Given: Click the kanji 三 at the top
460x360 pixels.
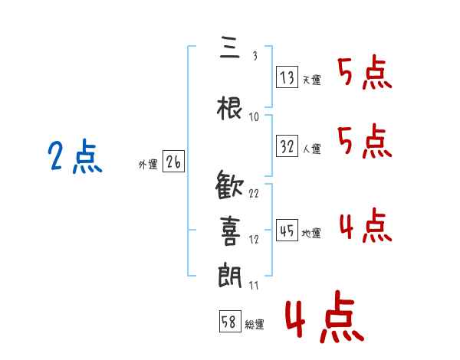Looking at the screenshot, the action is pyautogui.click(x=230, y=47).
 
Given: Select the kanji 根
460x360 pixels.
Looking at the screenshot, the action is pyautogui.click(x=230, y=108).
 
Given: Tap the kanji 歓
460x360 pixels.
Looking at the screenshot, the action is pyautogui.click(x=229, y=185).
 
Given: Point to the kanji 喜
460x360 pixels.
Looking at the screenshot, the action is pyautogui.click(x=230, y=231).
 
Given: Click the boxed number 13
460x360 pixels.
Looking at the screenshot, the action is pyautogui.click(x=287, y=77).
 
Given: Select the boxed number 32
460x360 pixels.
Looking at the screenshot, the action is pyautogui.click(x=287, y=146).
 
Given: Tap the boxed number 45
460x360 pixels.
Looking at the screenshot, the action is pyautogui.click(x=287, y=230).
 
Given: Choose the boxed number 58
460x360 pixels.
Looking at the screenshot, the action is pyautogui.click(x=230, y=321).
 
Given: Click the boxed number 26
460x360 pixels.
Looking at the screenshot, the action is pyautogui.click(x=173, y=162).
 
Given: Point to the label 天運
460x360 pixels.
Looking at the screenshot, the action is pyautogui.click(x=311, y=80).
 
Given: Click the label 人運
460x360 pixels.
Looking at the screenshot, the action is pyautogui.click(x=311, y=149).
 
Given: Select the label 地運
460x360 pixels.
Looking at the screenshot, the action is pyautogui.click(x=311, y=233).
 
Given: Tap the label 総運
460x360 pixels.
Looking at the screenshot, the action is pyautogui.click(x=255, y=324).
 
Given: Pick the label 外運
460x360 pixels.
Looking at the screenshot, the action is pyautogui.click(x=148, y=165).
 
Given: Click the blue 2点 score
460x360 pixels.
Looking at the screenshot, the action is pyautogui.click(x=75, y=156).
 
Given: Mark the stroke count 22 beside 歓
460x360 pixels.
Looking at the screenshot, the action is pyautogui.click(x=254, y=193).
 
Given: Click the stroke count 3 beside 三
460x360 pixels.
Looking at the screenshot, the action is pyautogui.click(x=255, y=55).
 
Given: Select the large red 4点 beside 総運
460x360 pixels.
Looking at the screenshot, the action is pyautogui.click(x=325, y=316).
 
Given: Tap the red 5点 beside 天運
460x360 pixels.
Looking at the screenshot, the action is pyautogui.click(x=365, y=73).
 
